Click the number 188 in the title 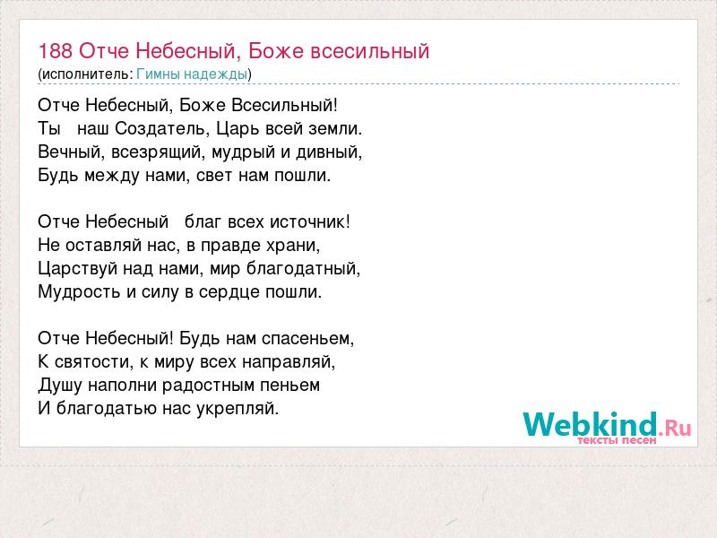pyautogui.click(x=55, y=51)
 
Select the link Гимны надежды pyautogui.click(x=192, y=74)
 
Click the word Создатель pyautogui.click(x=162, y=128)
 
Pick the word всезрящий pyautogui.click(x=156, y=152)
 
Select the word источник pyautogui.click(x=309, y=221)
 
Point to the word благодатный pyautogui.click(x=303, y=269)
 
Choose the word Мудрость pyautogui.click(x=79, y=292)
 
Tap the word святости pyautogui.click(x=94, y=362)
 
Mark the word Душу pyautogui.click(x=60, y=386)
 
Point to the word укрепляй pyautogui.click(x=238, y=409)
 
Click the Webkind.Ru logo pyautogui.click(x=607, y=425)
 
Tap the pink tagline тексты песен pyautogui.click(x=617, y=440)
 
